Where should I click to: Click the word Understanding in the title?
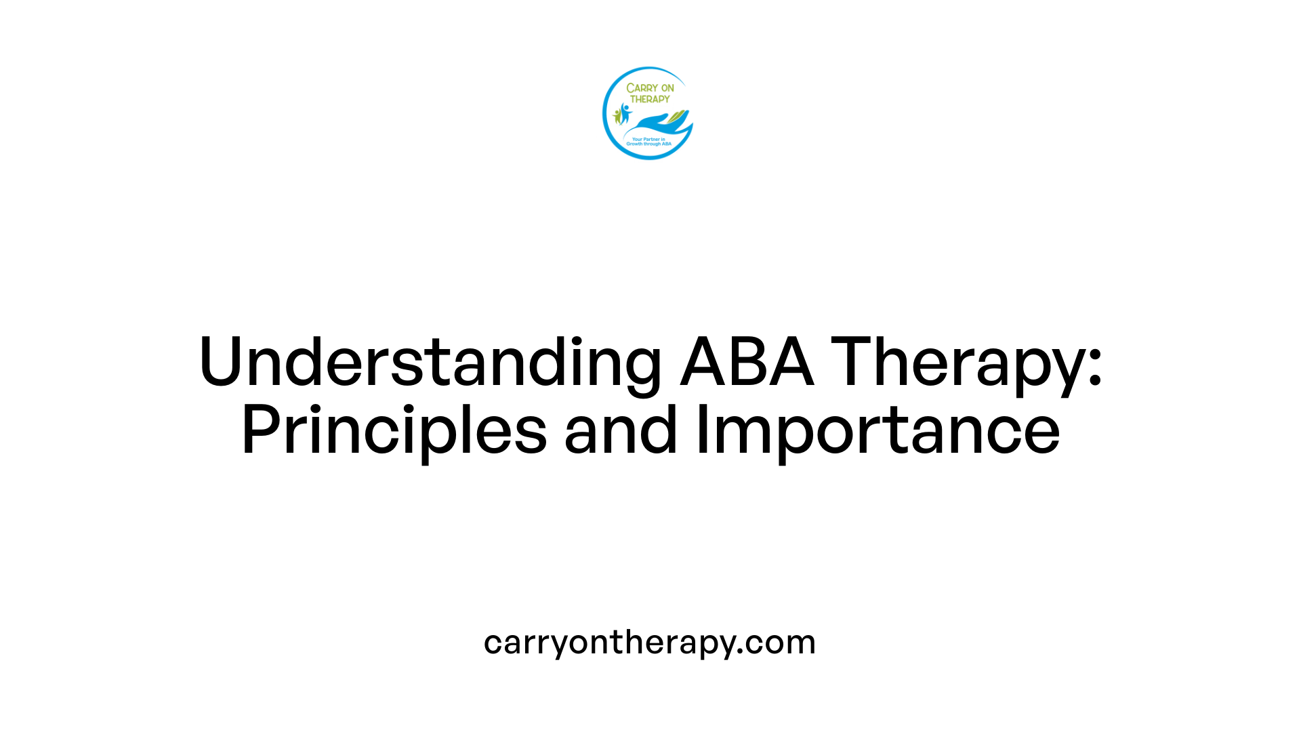[430, 363]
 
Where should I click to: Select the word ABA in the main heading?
[747, 363]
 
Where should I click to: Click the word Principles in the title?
[394, 430]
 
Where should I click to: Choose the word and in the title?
[621, 430]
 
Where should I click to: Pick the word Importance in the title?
[877, 430]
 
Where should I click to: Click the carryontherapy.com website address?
[649, 642]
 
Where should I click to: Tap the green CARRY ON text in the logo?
[650, 88]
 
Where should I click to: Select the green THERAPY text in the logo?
[650, 99]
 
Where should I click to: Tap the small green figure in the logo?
[617, 117]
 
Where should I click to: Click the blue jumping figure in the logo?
[625, 113]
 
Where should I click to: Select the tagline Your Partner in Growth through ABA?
[648, 142]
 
